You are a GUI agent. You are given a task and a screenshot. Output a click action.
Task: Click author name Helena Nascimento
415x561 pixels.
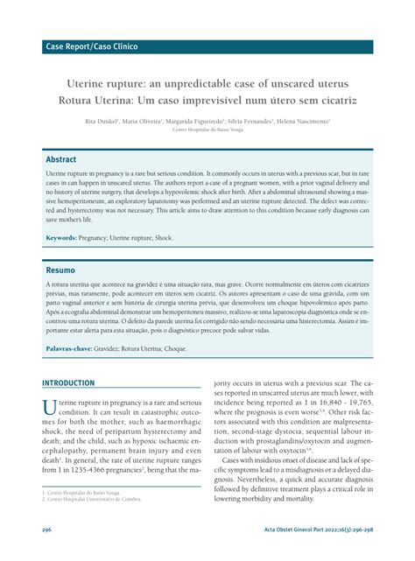pos(303,121)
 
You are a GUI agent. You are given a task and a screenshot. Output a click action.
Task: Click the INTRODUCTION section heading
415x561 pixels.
pos(81,383)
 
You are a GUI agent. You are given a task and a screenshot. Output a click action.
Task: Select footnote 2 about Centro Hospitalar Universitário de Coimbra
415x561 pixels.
pos(94,499)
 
